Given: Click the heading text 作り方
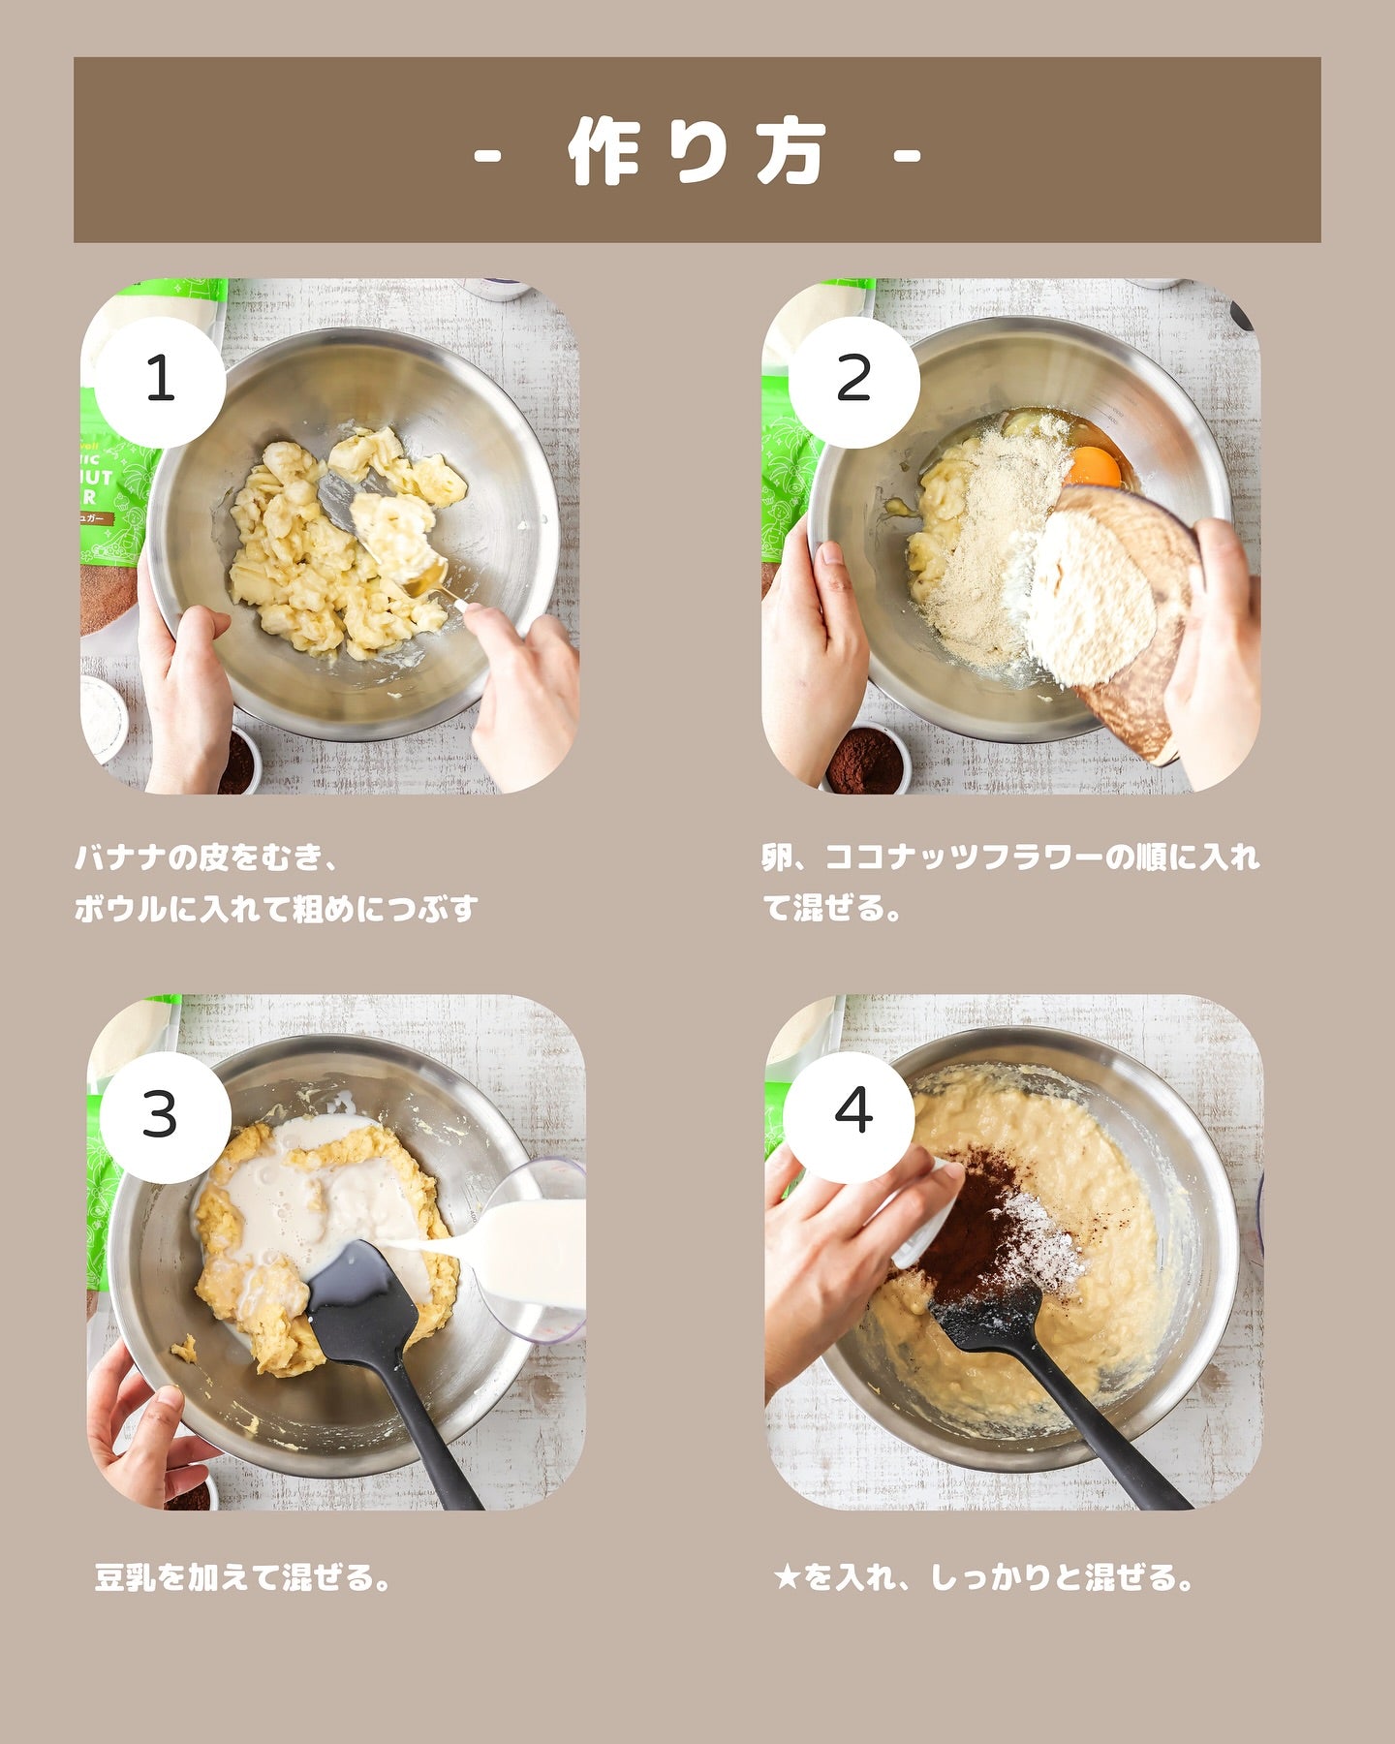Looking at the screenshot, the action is tap(697, 152).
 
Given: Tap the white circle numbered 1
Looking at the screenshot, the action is tap(160, 381).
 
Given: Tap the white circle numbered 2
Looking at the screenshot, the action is tap(853, 381).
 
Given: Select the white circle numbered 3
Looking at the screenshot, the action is tap(165, 1116).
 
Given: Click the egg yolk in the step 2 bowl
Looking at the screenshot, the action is tap(1093, 467).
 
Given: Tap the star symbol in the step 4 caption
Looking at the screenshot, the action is tap(788, 1577).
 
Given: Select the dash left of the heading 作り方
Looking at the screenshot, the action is tap(487, 154).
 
